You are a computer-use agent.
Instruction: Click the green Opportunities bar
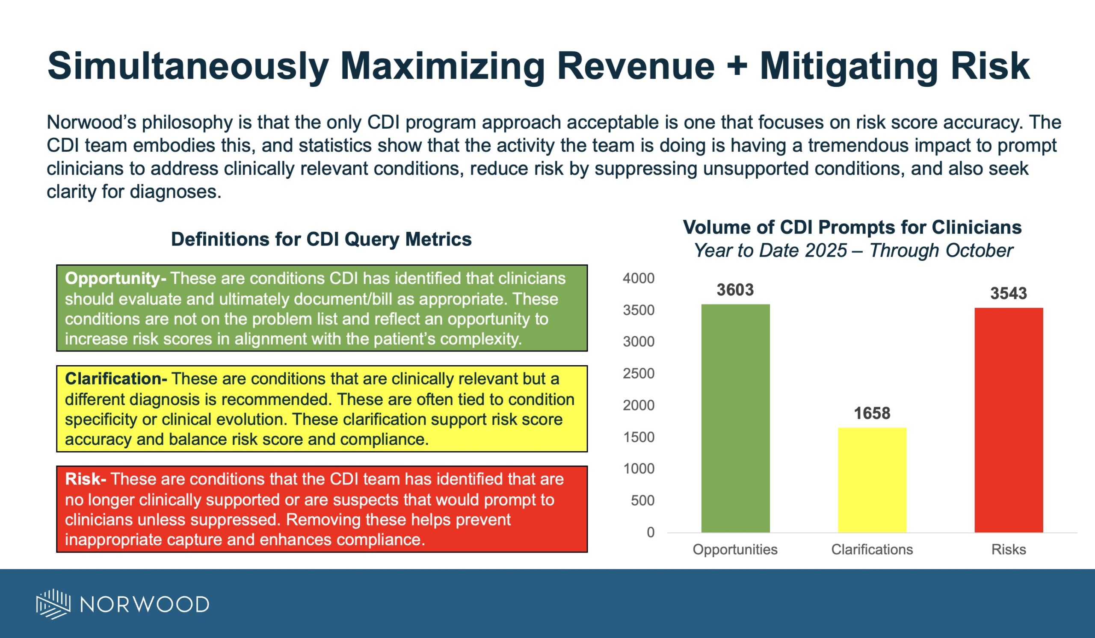[735, 418]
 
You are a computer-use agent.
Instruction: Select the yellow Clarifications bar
[872, 480]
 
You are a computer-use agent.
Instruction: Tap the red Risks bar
[1009, 419]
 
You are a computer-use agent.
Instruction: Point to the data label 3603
[735, 289]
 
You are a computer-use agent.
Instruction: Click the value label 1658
[872, 413]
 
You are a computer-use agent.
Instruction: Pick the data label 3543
[1009, 293]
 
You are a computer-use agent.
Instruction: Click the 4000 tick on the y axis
[638, 278]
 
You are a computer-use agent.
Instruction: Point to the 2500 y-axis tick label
[638, 373]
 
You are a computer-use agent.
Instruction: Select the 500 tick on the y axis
[642, 500]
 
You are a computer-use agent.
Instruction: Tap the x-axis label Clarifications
[872, 549]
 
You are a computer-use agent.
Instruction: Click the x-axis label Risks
[1009, 549]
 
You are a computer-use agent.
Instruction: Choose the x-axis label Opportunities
[735, 549]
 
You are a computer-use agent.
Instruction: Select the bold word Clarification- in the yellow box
[116, 379]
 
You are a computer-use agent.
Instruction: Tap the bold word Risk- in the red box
[86, 479]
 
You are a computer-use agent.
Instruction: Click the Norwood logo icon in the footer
[53, 604]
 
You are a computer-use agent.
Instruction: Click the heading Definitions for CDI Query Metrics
[321, 239]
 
